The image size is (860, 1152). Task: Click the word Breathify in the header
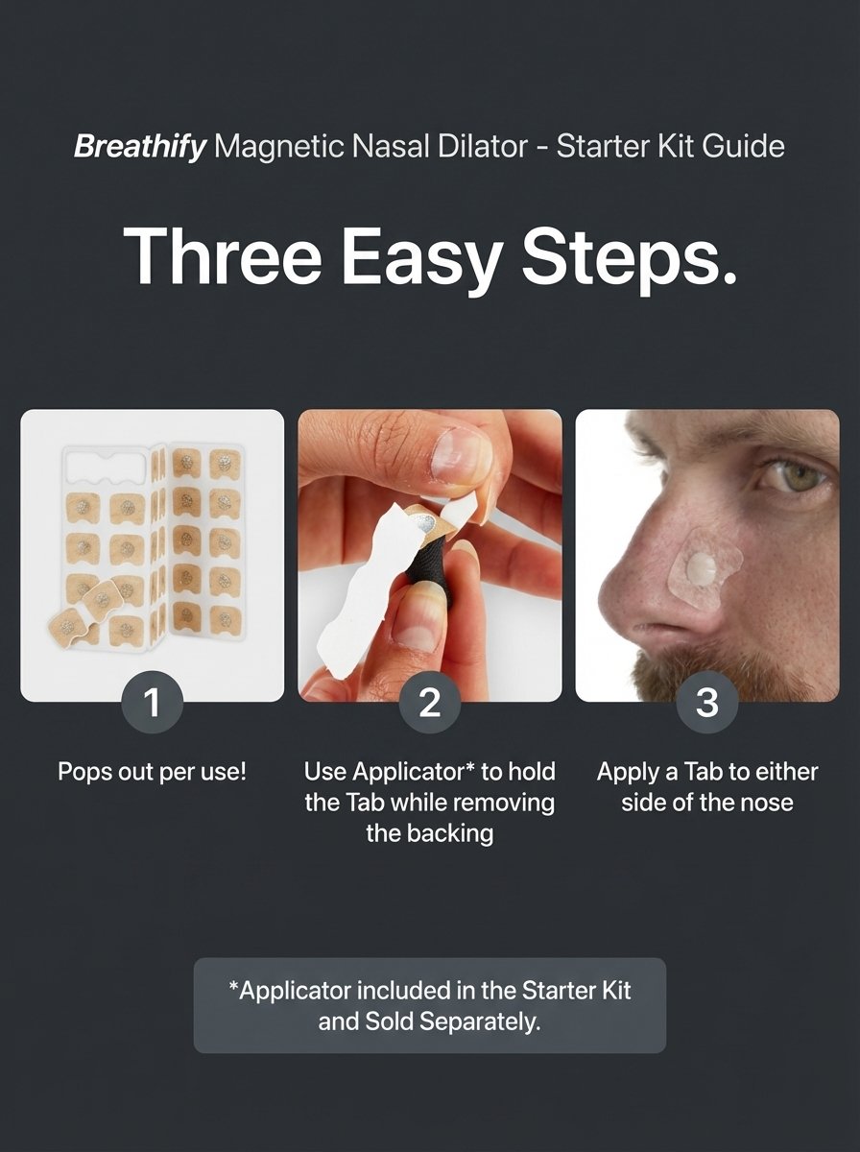(x=140, y=147)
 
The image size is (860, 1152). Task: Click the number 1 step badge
(x=153, y=702)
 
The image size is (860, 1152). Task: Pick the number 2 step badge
(x=430, y=702)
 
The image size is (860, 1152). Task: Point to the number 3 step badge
(x=707, y=702)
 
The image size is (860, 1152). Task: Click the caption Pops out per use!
(x=153, y=772)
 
